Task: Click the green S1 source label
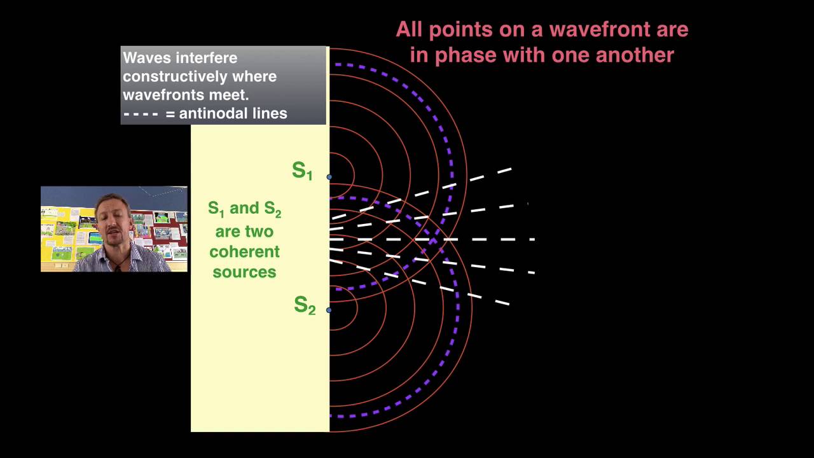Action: [302, 171]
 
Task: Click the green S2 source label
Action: [305, 305]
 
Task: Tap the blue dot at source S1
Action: [329, 177]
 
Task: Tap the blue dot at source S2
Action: [329, 310]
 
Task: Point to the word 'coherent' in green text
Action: [244, 251]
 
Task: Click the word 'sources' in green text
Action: [244, 272]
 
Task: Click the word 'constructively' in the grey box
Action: [200, 76]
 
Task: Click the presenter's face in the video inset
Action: [113, 219]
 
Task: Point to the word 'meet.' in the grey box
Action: [231, 95]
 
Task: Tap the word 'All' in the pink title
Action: [411, 29]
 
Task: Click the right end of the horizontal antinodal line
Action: [533, 240]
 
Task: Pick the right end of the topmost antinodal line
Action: [511, 169]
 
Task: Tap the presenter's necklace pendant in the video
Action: [118, 267]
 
